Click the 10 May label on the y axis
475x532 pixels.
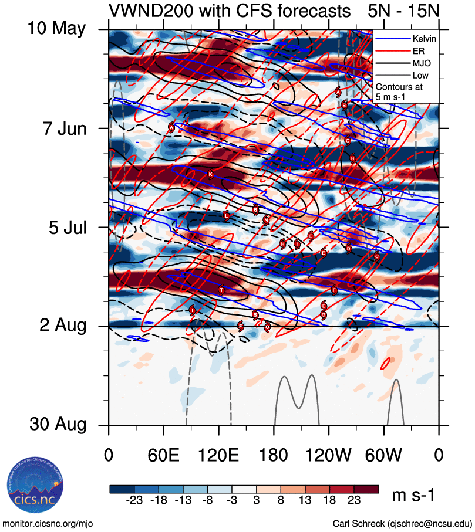(57, 29)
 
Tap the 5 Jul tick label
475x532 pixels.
(66, 227)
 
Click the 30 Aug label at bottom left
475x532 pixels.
(57, 425)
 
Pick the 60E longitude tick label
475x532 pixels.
(164, 455)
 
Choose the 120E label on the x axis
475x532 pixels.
(219, 455)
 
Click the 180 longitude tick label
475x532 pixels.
(274, 455)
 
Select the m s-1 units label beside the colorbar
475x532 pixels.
(413, 496)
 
